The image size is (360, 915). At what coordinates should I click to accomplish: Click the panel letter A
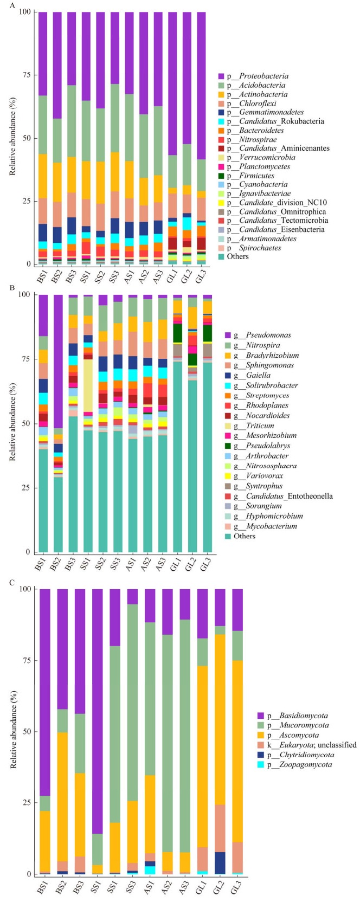(12, 6)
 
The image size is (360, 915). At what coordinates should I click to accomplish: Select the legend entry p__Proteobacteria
(253, 76)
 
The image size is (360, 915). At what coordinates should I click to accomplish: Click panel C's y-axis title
(13, 729)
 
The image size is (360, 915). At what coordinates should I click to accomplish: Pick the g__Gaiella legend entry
(248, 376)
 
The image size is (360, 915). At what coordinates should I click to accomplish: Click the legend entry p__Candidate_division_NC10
(273, 203)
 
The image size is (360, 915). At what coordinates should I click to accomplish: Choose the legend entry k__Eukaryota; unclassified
(307, 745)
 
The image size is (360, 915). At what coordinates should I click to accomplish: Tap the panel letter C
(12, 582)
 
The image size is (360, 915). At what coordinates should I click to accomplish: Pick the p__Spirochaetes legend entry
(249, 248)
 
